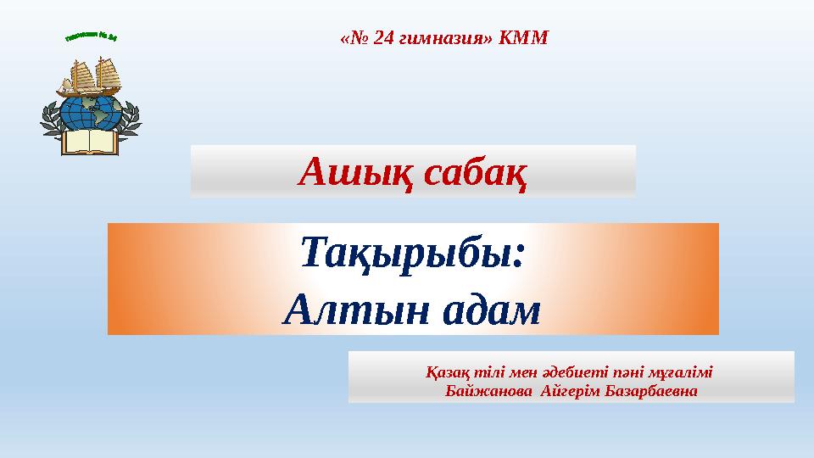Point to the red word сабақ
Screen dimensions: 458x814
(476, 173)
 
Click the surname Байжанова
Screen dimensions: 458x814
(480, 392)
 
